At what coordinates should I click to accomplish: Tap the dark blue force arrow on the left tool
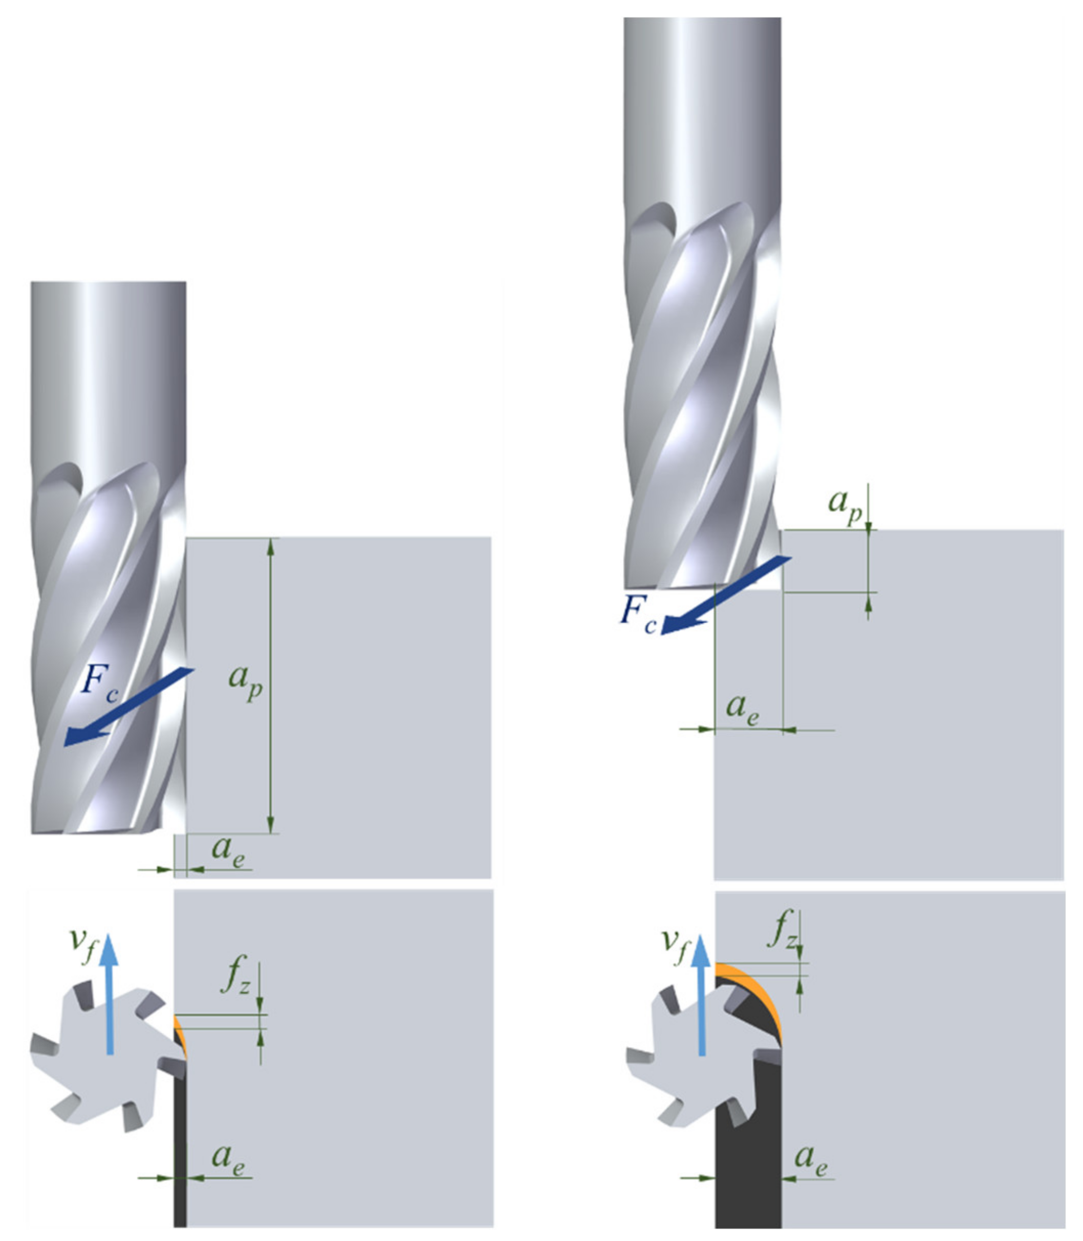[129, 707]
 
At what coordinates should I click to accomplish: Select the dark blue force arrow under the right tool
[726, 595]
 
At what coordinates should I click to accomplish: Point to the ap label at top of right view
[845, 505]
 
